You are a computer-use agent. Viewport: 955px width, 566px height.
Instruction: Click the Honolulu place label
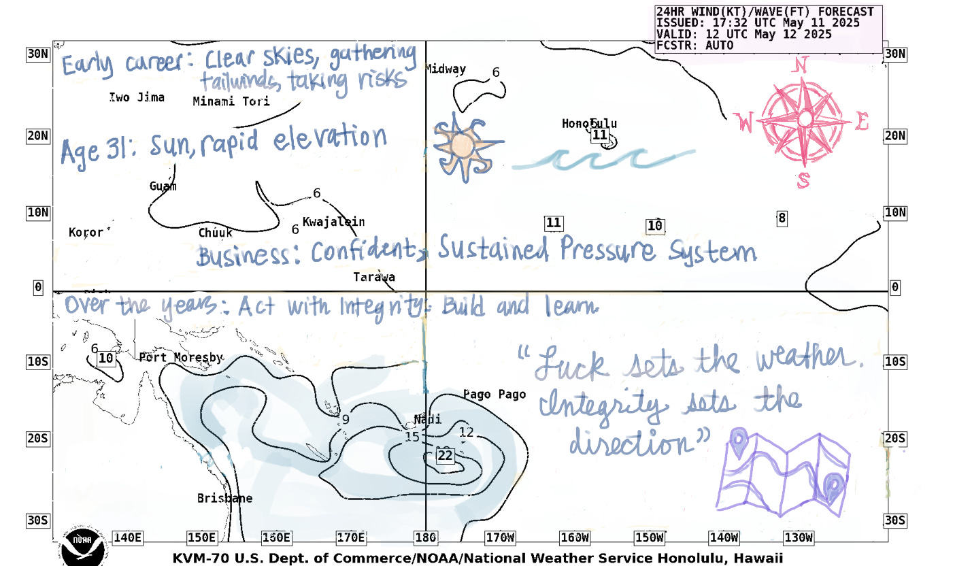pyautogui.click(x=589, y=123)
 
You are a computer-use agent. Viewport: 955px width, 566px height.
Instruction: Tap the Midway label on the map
pyautogui.click(x=446, y=69)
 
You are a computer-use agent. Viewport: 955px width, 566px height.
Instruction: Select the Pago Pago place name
pyautogui.click(x=494, y=395)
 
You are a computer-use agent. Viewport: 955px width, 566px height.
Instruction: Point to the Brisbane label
pyautogui.click(x=224, y=499)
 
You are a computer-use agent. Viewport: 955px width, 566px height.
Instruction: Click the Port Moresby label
pyautogui.click(x=180, y=357)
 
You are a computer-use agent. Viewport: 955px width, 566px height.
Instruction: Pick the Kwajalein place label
pyautogui.click(x=333, y=222)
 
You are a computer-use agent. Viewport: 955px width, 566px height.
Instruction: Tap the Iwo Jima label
pyautogui.click(x=137, y=97)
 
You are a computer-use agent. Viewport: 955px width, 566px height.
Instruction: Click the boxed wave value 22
pyautogui.click(x=445, y=455)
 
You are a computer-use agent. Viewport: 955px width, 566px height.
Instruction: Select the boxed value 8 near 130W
pyautogui.click(x=782, y=218)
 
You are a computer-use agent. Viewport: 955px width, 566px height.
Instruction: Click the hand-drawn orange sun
pyautogui.click(x=462, y=146)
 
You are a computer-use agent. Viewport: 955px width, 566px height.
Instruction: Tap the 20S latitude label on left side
pyautogui.click(x=37, y=439)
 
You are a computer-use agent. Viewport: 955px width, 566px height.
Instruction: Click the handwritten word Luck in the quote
pyautogui.click(x=569, y=365)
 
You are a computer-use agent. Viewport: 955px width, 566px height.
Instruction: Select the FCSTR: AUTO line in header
pyautogui.click(x=694, y=46)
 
